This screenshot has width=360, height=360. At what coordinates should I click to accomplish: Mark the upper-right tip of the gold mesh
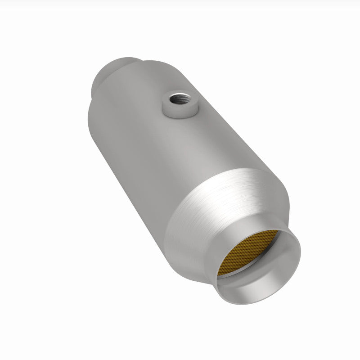point(277,232)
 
